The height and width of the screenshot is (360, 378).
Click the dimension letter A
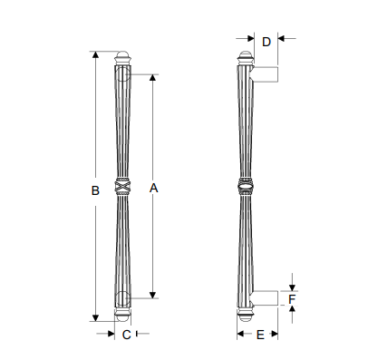(x=153, y=188)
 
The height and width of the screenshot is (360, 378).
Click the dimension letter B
(x=95, y=190)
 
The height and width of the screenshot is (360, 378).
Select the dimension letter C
(x=126, y=335)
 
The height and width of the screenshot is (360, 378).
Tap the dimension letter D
(x=267, y=42)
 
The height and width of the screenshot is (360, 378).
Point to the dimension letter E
(x=260, y=335)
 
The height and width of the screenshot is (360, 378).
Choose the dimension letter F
(x=292, y=299)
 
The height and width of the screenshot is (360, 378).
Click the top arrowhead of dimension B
(x=95, y=54)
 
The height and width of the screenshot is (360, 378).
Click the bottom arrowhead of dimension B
(x=95, y=318)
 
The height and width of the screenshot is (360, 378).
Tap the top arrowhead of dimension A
(x=153, y=77)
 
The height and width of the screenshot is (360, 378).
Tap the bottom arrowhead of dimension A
(x=153, y=295)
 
